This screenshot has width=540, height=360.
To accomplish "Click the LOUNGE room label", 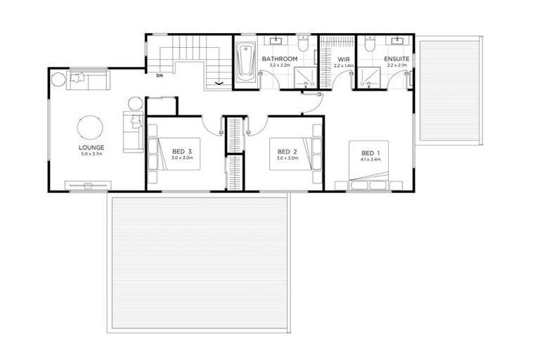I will pos(91,147).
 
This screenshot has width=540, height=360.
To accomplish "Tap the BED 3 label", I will pos(181,151).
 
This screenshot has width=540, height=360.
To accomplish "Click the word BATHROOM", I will pos(276,58).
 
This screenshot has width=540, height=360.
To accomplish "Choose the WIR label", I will pos(342,58).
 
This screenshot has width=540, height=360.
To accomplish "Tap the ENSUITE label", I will pos(397,58).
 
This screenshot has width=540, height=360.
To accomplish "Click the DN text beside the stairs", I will pos(160,75).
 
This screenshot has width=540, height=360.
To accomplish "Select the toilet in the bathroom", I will pos(303,44).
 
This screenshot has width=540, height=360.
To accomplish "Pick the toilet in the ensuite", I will pos(370,44).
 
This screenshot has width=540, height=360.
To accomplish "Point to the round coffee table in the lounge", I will pos(90,127).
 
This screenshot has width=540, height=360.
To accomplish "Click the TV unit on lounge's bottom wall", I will pos(88,186).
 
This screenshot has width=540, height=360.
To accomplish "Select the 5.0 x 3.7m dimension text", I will pos(91,154).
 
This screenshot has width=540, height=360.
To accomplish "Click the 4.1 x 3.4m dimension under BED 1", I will pos(371,160).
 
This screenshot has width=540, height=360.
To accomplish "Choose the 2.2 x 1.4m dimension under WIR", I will pos(342,65).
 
